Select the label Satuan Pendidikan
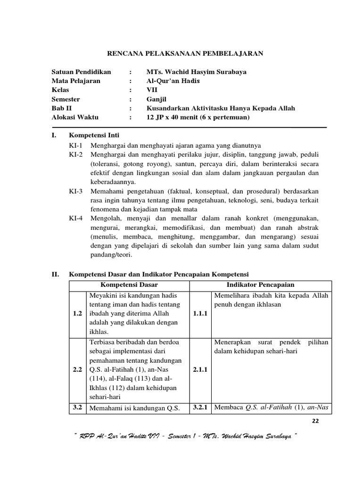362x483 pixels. click(81, 72)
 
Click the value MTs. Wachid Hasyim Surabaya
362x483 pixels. click(196, 72)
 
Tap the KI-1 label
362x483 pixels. click(75, 145)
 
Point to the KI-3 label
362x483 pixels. click(75, 191)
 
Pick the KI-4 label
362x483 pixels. click(75, 218)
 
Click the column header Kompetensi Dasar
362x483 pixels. click(129, 285)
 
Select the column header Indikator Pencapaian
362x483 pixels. click(260, 285)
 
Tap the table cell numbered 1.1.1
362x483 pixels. click(200, 313)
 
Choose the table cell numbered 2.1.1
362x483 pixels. click(200, 371)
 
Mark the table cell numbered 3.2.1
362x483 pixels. click(200, 408)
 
